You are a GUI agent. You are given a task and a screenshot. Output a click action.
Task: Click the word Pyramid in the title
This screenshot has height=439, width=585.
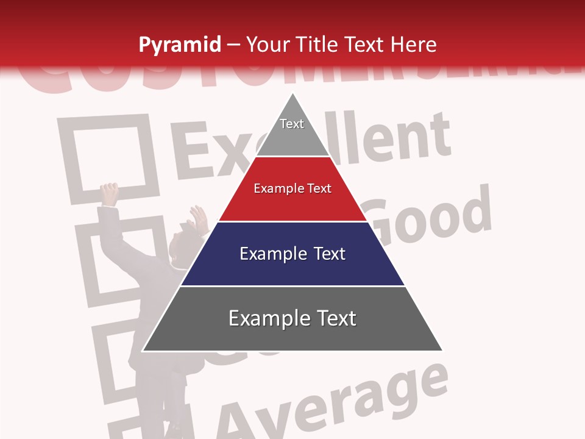pyautogui.click(x=180, y=45)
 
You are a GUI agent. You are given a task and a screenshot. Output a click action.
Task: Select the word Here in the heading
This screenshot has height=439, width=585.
pyautogui.click(x=414, y=45)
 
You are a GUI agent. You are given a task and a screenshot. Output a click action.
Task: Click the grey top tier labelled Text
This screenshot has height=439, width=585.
pyautogui.click(x=292, y=131)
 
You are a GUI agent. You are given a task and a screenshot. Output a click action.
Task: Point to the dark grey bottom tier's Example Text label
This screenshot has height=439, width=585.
pyautogui.click(x=292, y=318)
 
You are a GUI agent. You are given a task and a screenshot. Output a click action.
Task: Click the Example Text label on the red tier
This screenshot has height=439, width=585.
pyautogui.click(x=292, y=188)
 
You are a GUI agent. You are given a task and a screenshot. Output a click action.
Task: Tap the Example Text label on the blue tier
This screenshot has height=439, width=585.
pyautogui.click(x=292, y=254)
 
